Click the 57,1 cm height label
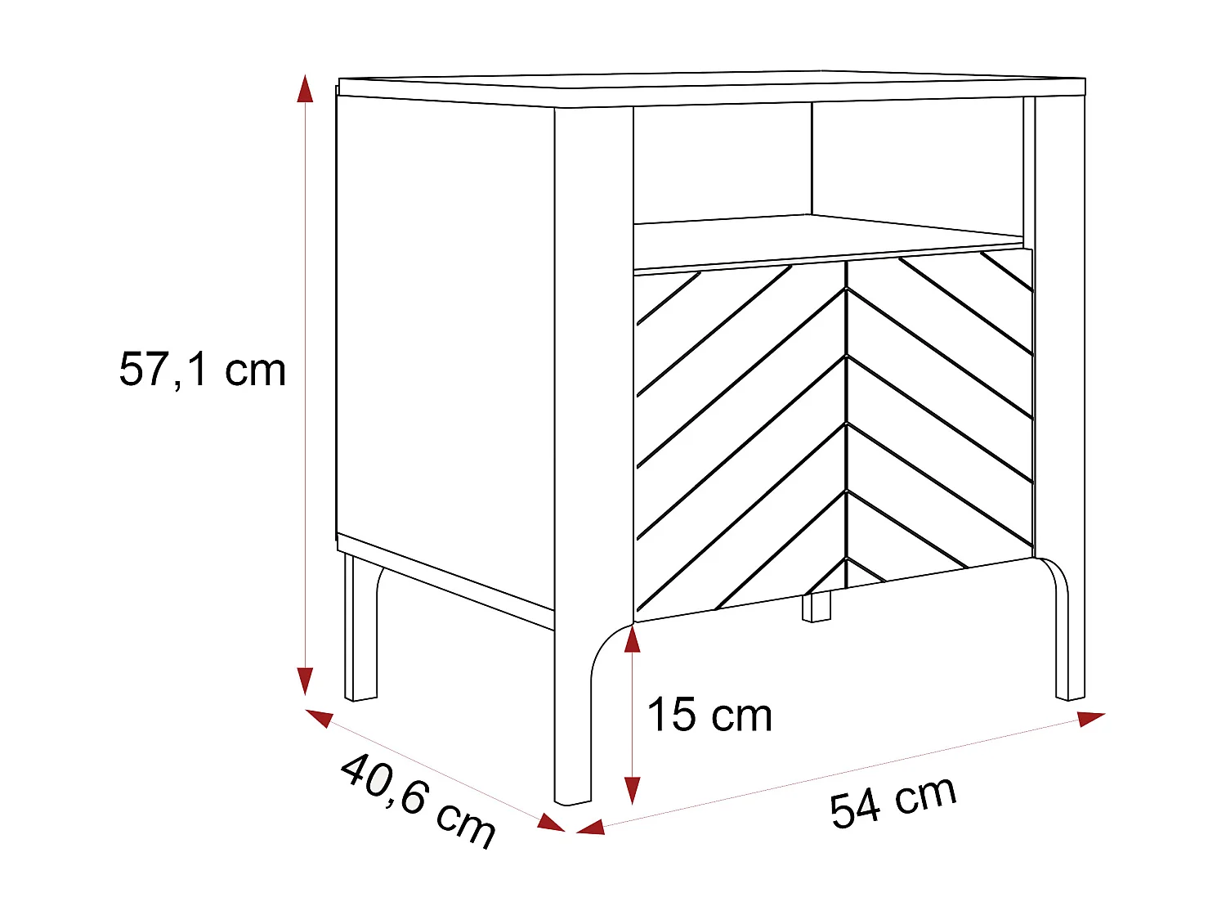(203, 370)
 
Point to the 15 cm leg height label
(709, 715)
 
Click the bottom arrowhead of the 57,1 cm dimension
(305, 680)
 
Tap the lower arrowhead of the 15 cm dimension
(632, 790)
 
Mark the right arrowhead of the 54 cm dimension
(1090, 718)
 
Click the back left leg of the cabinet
(360, 630)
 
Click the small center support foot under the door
(817, 607)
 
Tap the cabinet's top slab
(711, 89)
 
